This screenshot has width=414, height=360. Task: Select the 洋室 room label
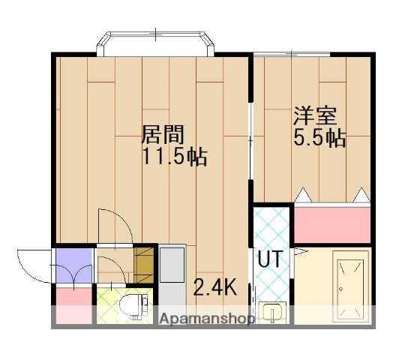click(x=314, y=116)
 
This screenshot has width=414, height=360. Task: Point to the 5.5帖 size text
click(x=319, y=139)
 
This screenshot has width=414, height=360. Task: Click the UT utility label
click(x=269, y=259)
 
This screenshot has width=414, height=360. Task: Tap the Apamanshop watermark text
click(x=207, y=318)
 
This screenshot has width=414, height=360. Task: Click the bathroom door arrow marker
click(x=298, y=249)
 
